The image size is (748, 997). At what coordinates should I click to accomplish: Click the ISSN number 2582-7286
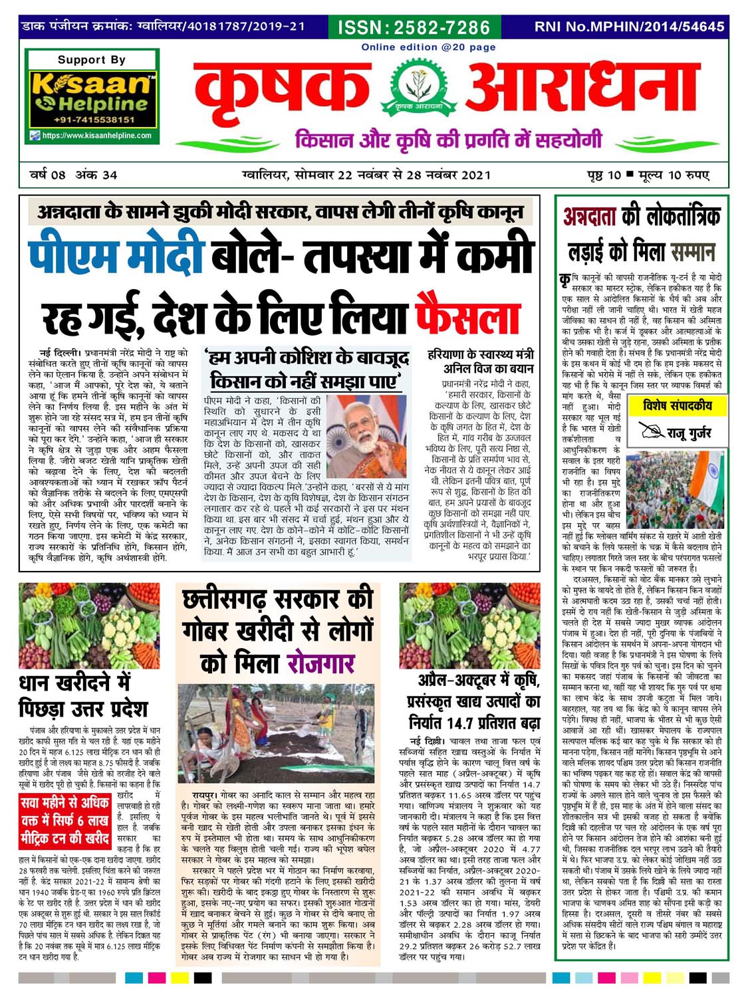coord(414,27)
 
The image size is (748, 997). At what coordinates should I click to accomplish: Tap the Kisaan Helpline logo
coord(91,93)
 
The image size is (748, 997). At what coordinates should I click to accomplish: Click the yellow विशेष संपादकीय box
coord(678,405)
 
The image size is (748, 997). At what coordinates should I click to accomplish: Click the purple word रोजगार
coord(320,663)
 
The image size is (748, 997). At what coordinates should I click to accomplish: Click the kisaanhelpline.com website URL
coord(96,136)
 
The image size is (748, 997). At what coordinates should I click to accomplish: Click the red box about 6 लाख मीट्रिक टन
coord(65,820)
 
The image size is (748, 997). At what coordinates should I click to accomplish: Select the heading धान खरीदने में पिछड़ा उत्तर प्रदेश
coord(83,695)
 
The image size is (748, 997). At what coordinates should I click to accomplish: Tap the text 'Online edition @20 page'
coord(428,47)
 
